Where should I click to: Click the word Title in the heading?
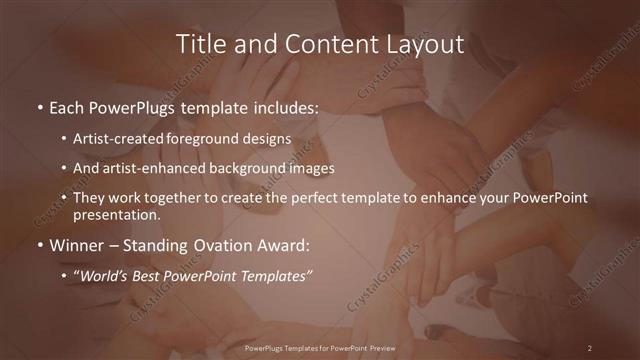point(199,45)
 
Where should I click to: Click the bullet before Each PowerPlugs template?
point(38,106)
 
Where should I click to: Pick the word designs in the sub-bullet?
point(268,138)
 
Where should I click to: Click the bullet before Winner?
point(38,244)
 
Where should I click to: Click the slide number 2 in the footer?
point(590,348)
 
